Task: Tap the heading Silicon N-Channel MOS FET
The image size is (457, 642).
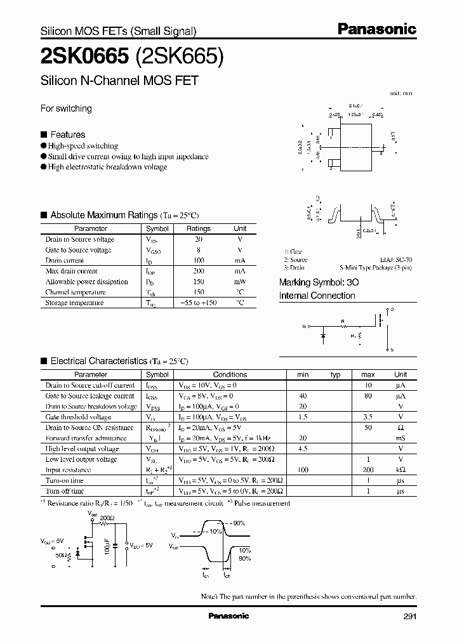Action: point(119,81)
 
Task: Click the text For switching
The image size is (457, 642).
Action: point(66,108)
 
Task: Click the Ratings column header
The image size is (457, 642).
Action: point(199,228)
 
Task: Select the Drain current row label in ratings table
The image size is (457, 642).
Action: point(65,260)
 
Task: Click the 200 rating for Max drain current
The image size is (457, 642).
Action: point(199,271)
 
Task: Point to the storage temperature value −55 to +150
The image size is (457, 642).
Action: point(199,303)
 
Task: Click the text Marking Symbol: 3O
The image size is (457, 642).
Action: point(321,282)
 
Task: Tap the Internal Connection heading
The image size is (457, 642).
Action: point(317,296)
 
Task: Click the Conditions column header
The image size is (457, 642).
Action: point(230,374)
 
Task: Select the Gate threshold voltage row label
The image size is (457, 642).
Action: point(78,417)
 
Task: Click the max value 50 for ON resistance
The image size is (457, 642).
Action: point(368,428)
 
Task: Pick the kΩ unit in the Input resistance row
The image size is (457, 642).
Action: point(401,470)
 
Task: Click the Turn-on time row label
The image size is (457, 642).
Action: point(64,481)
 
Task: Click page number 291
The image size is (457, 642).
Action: point(409,616)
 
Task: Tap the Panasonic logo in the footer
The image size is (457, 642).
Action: point(228,616)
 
